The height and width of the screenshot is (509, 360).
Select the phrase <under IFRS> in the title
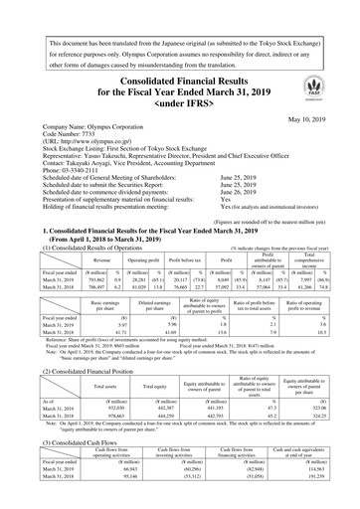pos(179,101)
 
